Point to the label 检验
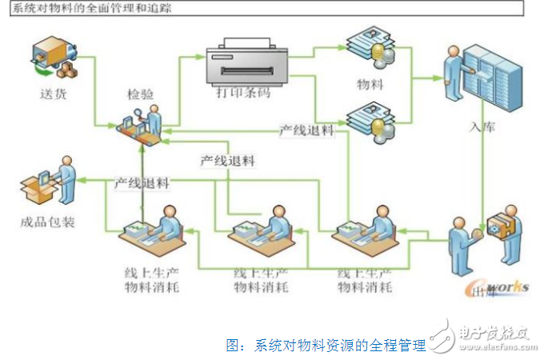(x=142, y=94)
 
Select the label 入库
(x=486, y=127)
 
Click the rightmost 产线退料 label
(x=306, y=130)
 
